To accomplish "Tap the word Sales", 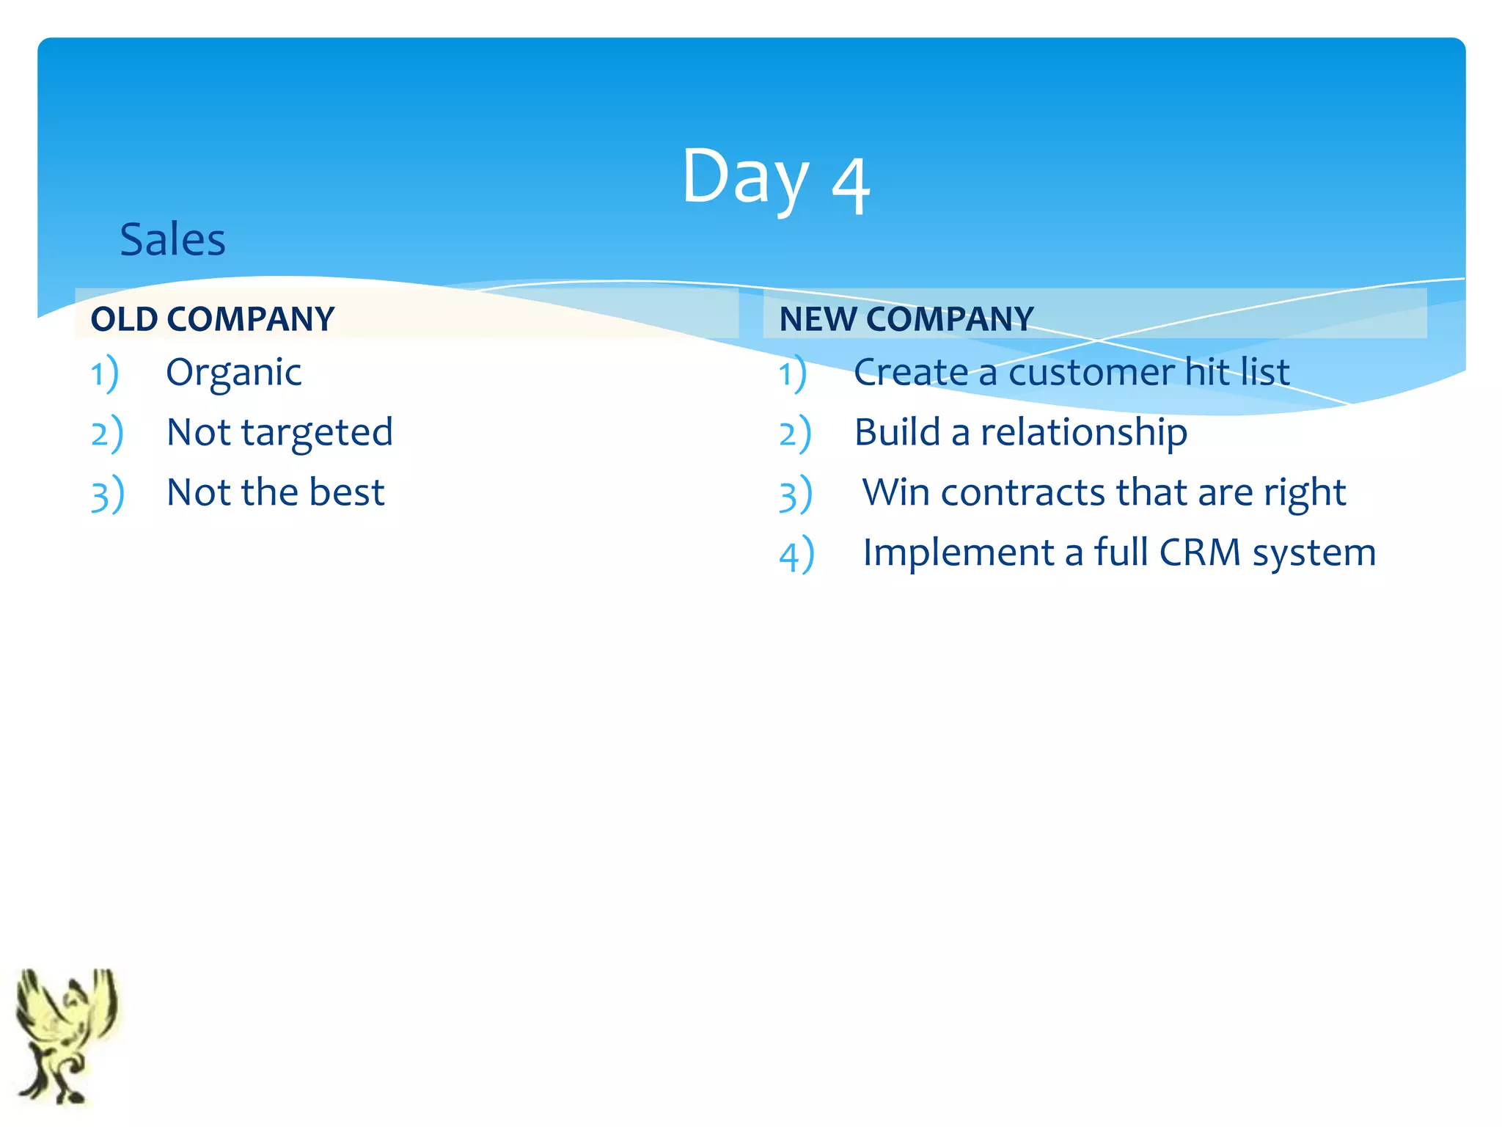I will pyautogui.click(x=172, y=240).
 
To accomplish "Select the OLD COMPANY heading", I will pyautogui.click(x=213, y=319).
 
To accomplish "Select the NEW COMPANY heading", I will pyautogui.click(x=906, y=319).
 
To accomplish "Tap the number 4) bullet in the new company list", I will pyautogui.click(x=796, y=555).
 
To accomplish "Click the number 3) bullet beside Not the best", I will pyautogui.click(x=107, y=495).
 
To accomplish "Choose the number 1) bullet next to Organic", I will pyautogui.click(x=104, y=374).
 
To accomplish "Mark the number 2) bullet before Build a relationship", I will pyautogui.click(x=795, y=434).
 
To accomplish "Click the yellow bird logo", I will pyautogui.click(x=66, y=1035).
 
